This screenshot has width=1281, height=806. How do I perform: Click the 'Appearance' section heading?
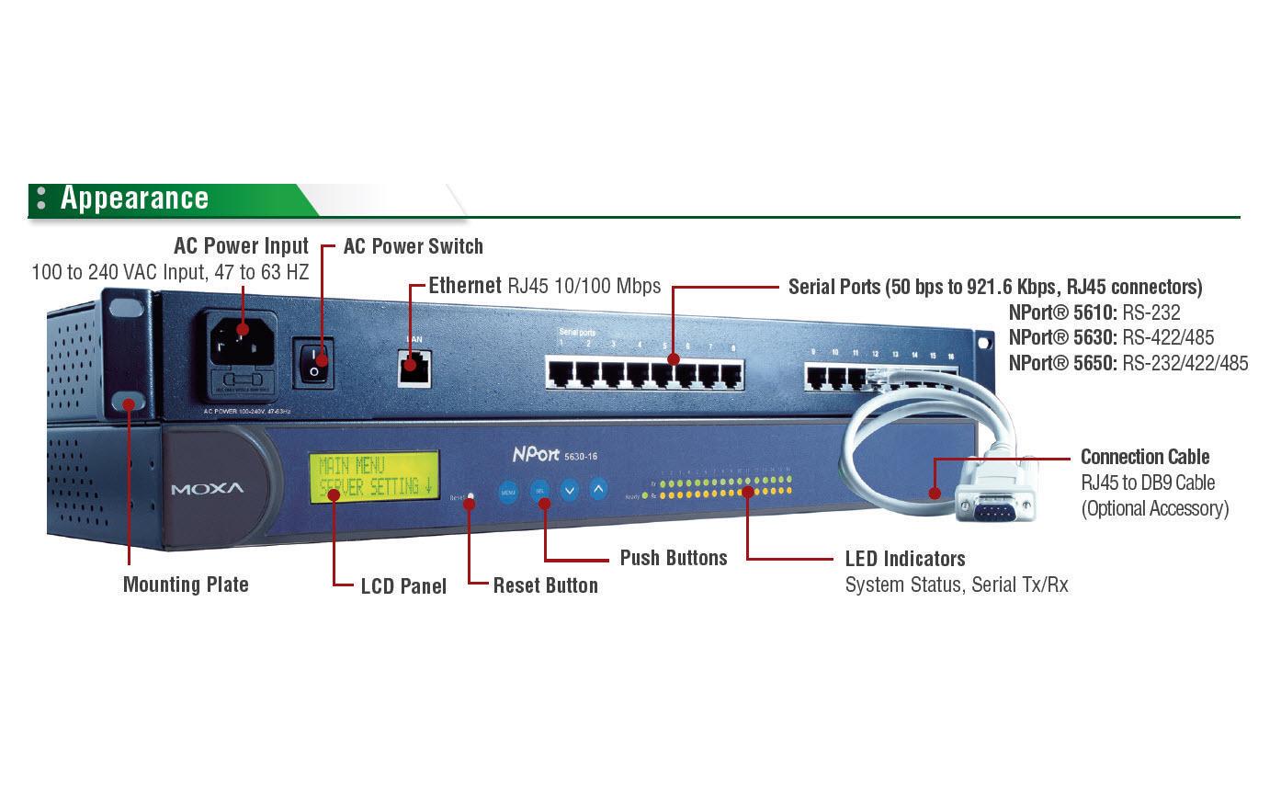point(134,199)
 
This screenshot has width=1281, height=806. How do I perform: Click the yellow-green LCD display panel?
point(376,477)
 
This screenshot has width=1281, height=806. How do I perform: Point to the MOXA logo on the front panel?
point(208,488)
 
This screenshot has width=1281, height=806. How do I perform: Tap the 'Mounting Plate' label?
point(186,585)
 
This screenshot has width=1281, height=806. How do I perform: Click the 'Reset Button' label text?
point(545,585)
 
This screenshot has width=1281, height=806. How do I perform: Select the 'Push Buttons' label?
point(673,558)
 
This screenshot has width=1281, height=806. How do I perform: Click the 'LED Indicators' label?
point(904,559)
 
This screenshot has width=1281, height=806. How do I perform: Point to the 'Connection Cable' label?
point(1144,457)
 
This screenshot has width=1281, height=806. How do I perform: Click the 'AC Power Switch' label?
point(413,246)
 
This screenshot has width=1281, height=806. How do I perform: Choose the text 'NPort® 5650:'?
point(1062,363)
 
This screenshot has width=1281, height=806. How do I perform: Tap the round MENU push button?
point(508,492)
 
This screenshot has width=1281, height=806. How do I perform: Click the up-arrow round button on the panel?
point(598,489)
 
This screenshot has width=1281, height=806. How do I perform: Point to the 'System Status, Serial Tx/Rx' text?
point(956,585)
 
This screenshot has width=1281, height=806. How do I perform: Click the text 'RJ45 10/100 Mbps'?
point(584,286)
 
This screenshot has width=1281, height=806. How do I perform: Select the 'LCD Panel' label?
point(403,586)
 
